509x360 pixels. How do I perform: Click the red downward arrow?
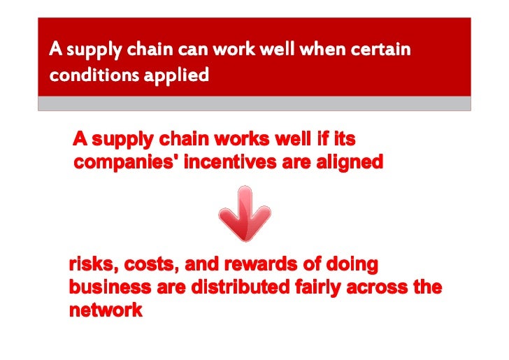pos(244,213)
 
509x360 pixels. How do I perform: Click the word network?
pos(105,310)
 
